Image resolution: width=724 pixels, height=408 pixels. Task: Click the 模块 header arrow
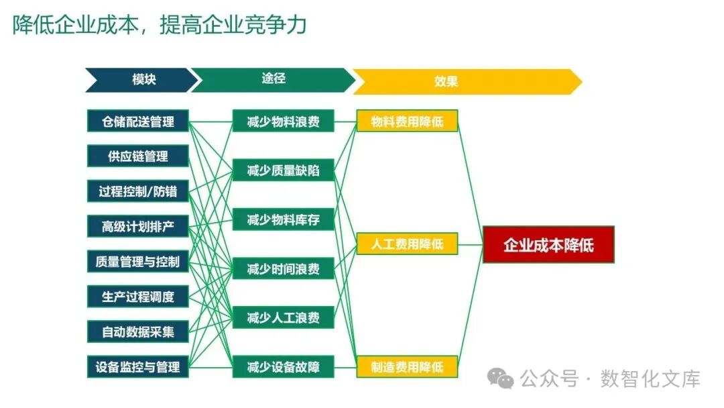(x=141, y=80)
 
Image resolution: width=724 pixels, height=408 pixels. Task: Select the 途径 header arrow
(x=272, y=80)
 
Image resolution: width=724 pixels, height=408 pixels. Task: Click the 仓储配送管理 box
(x=138, y=121)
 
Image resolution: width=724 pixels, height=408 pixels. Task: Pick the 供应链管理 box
(x=138, y=156)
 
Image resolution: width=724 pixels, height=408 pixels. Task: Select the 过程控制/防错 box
(x=138, y=191)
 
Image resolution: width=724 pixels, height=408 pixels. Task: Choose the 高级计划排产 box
(x=138, y=226)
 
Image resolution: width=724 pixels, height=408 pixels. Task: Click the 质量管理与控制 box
(x=138, y=261)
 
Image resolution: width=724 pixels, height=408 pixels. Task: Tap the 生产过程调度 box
(x=138, y=296)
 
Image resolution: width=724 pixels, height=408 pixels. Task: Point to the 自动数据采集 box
(x=138, y=331)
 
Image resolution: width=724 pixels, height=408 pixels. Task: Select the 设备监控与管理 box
(x=138, y=366)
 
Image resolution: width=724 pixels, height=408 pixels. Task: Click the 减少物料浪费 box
(x=283, y=121)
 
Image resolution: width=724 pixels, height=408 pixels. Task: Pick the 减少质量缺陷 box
(x=283, y=170)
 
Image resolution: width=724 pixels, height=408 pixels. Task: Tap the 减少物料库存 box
(x=283, y=219)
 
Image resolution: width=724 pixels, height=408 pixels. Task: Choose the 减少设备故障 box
(x=283, y=366)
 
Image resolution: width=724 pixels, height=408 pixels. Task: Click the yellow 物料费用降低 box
(x=407, y=121)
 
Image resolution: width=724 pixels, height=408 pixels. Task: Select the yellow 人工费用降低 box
(x=407, y=244)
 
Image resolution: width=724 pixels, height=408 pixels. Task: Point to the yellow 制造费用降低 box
(x=407, y=366)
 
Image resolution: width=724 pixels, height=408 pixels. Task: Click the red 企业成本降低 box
(x=548, y=244)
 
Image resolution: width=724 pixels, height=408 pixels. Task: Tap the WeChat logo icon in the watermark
(x=501, y=378)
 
